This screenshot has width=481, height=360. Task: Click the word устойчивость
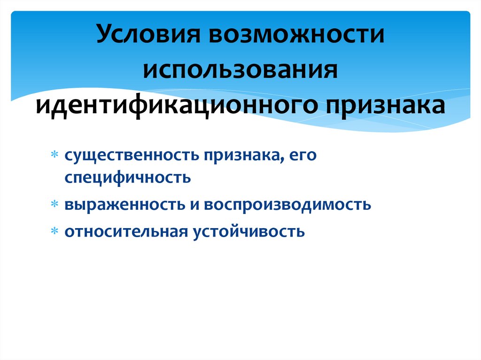(249, 231)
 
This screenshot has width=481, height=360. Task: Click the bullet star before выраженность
(54, 205)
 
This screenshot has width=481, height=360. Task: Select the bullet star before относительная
(54, 231)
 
